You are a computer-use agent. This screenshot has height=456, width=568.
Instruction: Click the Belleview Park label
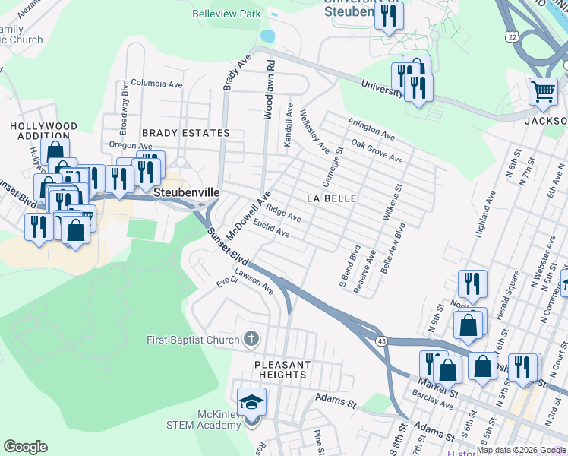click(226, 14)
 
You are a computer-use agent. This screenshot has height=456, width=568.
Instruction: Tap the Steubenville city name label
click(187, 193)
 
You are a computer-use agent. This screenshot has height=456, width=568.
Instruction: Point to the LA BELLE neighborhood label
click(331, 198)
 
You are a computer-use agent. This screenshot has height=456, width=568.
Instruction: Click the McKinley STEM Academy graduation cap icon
click(252, 401)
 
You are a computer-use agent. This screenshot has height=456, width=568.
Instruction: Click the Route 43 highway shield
click(384, 341)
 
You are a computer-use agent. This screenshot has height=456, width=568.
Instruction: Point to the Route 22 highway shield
click(513, 37)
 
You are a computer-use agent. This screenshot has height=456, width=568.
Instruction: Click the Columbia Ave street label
click(157, 82)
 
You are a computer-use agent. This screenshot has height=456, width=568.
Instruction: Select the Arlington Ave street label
click(371, 128)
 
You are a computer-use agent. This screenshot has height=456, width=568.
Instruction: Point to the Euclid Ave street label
click(272, 229)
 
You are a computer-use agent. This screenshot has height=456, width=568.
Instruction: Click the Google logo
click(25, 447)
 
